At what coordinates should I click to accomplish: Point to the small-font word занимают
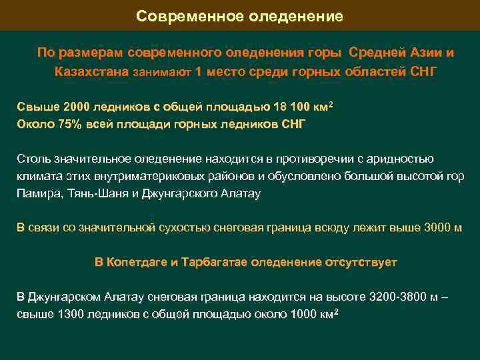pyautogui.click(x=163, y=72)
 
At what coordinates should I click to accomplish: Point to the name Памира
pyautogui.click(x=37, y=194)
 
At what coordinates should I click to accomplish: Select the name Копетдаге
pyautogui.click(x=138, y=262)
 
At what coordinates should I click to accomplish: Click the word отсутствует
pyautogui.click(x=361, y=262)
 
